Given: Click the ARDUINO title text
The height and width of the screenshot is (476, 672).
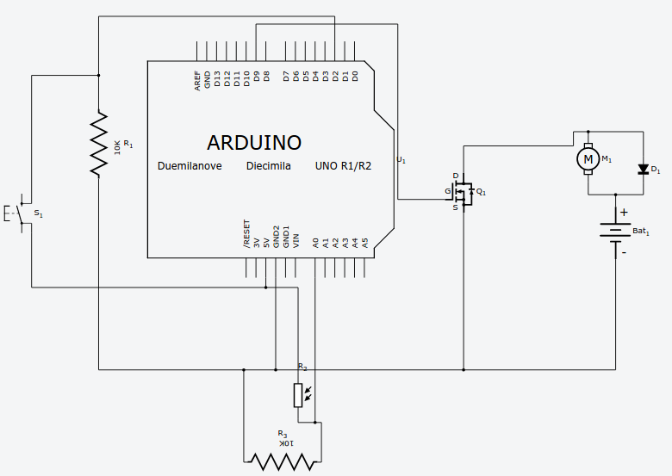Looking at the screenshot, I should point(254,142).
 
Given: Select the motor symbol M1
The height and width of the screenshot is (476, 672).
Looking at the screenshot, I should point(588,158).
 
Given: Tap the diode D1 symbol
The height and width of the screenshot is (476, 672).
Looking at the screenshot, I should point(642,169).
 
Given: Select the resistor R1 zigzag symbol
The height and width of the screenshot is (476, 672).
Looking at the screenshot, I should point(100,144).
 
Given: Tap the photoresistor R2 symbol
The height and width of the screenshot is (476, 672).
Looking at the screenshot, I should point(298,395).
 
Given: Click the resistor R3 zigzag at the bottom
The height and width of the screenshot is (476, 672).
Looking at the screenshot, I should point(282,461).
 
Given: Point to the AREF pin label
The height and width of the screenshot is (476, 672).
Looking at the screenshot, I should point(197,81).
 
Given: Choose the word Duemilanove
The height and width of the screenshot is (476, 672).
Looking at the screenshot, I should point(190,166).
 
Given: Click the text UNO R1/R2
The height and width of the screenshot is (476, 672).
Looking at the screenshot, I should point(343,166).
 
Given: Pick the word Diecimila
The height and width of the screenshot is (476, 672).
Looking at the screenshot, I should point(268,166).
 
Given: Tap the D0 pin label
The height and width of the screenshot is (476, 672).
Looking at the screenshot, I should point(355,77).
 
